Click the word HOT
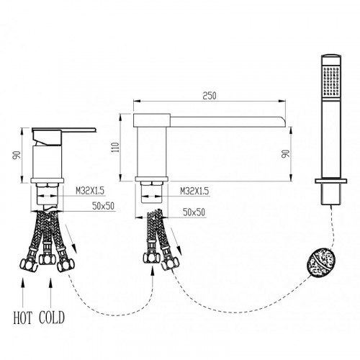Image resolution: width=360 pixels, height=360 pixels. pos(22,318)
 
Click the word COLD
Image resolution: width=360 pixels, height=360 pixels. pos(52,318)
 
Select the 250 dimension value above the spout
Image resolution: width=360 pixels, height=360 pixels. pos(210,96)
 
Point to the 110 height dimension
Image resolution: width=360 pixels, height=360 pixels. pos(116,148)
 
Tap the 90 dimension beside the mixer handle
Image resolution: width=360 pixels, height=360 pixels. pos(17,155)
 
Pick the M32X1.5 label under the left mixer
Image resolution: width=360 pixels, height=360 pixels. pos(90,191)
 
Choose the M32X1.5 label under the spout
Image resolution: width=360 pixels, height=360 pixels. pos(194,192)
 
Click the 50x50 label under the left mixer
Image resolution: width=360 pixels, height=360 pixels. pos(103,206)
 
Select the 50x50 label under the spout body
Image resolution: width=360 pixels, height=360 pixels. pos(194,212)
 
